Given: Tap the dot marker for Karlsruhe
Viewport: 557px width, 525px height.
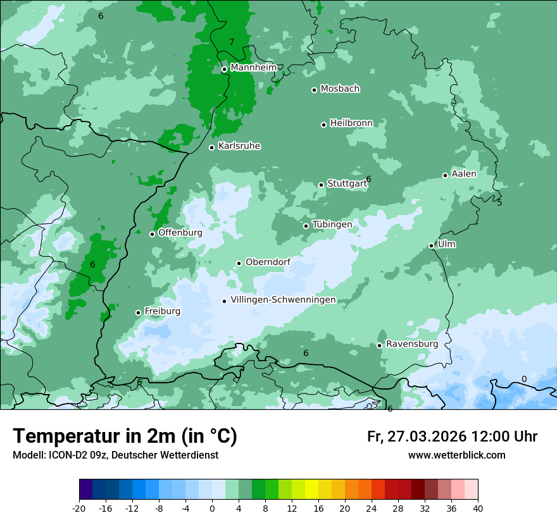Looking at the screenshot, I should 211,147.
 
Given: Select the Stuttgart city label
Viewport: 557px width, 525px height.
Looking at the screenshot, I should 347,184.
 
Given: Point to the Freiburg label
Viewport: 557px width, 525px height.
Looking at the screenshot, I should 162,311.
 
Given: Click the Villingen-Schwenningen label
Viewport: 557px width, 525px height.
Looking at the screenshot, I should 283,300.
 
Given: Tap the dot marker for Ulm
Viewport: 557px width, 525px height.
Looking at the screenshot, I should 431,245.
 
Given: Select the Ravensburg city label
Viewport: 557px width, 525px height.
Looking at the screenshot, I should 411,344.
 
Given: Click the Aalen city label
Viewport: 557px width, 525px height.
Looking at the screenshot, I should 463,174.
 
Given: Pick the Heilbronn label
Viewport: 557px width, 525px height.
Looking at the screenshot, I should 351,123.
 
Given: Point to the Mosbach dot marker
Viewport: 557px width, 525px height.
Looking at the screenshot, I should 314,90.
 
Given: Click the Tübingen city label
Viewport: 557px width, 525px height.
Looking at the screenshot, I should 332,225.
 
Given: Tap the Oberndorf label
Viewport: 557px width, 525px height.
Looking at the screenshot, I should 268,262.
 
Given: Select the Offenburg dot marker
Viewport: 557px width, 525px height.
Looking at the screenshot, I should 152,234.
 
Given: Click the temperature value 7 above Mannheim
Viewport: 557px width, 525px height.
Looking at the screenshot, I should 232,42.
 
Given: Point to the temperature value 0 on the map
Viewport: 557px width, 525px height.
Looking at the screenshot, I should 523,380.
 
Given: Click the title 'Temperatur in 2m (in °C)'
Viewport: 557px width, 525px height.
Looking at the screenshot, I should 125,436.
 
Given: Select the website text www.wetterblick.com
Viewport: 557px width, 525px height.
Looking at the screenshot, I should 456,455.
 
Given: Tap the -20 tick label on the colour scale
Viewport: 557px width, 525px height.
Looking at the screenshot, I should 79,508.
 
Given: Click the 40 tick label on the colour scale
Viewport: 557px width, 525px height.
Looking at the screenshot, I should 477,508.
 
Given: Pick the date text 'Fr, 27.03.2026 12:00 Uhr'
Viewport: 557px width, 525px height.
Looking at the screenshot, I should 452,436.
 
